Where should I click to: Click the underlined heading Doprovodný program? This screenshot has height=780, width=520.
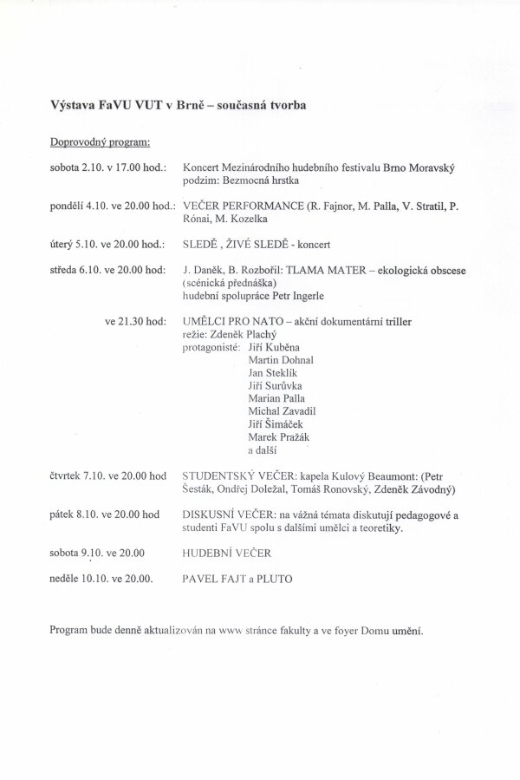tap(100, 141)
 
